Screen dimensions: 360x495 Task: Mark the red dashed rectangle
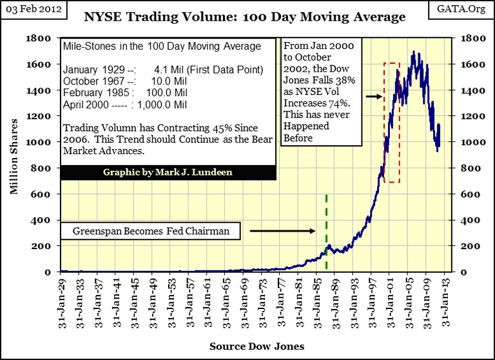(x=392, y=123)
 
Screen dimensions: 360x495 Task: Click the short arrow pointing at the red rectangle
(x=373, y=96)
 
